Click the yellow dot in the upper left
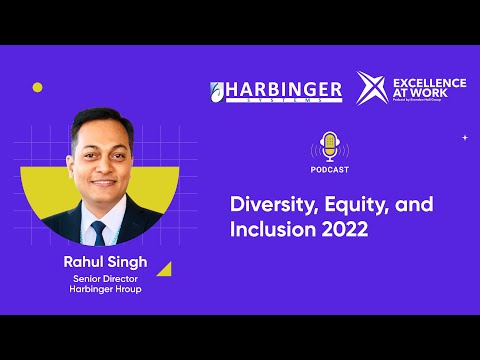[x=38, y=87]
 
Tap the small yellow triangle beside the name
[x=164, y=268]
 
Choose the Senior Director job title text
[x=104, y=280]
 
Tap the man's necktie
[x=98, y=233]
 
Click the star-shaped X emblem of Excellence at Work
[x=373, y=87]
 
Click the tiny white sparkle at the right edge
[x=465, y=137]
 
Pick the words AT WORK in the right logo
[x=421, y=91]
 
